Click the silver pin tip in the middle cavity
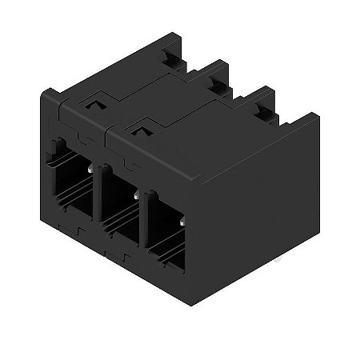(139, 194)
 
